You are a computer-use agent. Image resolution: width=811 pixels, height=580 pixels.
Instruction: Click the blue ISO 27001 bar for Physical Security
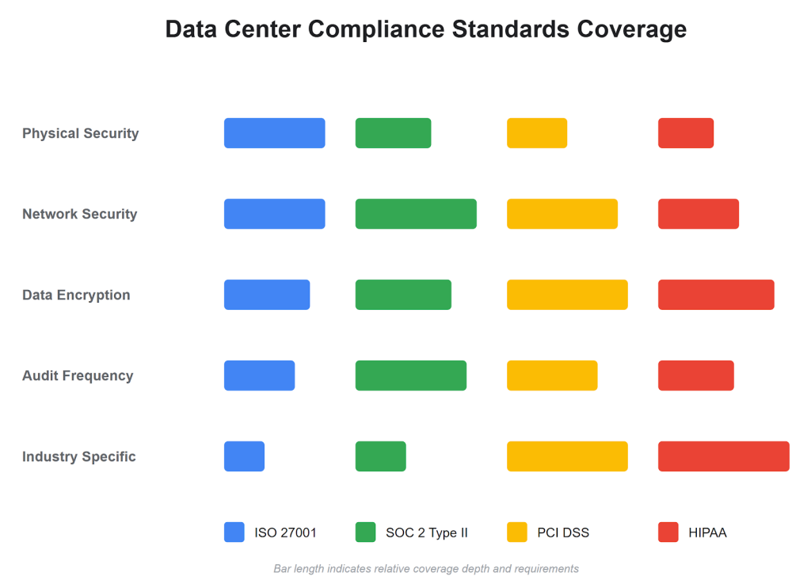(274, 133)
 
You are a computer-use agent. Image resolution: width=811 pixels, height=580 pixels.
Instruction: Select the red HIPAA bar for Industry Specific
(723, 456)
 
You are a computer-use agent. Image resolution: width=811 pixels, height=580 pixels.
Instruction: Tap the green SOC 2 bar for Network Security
(416, 214)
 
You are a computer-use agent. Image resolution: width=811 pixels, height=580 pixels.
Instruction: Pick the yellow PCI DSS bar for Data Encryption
(567, 295)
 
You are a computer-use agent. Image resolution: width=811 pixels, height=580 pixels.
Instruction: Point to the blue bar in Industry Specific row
(244, 456)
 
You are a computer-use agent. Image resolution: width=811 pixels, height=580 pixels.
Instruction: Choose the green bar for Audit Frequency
(410, 376)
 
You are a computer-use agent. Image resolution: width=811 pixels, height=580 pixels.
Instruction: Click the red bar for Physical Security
(686, 133)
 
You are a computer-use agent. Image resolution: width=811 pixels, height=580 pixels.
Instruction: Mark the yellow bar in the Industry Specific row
(567, 456)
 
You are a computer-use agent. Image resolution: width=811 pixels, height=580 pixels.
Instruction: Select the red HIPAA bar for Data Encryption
(716, 295)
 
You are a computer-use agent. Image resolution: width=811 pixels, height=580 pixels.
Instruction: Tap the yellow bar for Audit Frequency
(552, 376)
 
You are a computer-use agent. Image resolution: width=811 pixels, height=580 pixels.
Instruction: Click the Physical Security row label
(80, 133)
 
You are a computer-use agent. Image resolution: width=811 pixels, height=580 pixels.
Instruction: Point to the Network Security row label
(79, 214)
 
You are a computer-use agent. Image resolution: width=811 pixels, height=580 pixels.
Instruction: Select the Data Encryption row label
(76, 295)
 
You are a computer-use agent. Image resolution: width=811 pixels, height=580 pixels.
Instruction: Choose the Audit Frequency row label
(78, 376)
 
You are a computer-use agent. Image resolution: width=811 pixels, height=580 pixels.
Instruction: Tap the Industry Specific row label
(78, 456)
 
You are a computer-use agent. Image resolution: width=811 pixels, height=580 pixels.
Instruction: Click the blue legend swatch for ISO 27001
(234, 532)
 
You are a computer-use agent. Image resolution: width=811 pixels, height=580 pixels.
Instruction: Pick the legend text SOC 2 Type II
(427, 532)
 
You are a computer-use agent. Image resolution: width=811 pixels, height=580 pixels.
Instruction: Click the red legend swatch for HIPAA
(668, 532)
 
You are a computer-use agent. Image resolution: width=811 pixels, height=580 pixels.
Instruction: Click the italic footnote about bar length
(426, 568)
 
